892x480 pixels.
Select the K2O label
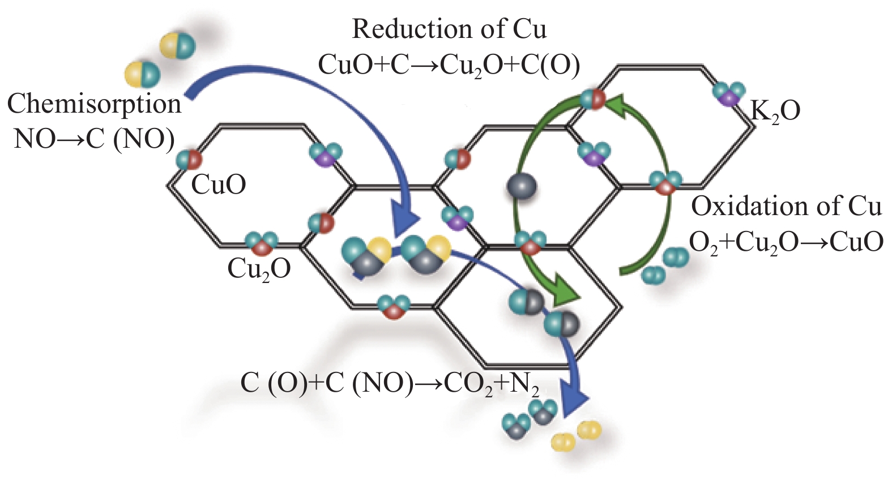point(775,112)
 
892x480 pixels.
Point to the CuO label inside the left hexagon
point(219,185)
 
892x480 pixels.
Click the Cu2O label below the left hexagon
point(259,270)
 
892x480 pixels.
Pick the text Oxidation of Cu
point(786,207)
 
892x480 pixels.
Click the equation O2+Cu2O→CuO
point(786,243)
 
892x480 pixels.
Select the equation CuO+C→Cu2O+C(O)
point(449,66)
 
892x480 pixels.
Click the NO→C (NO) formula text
point(95,139)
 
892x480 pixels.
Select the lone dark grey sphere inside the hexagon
point(522,186)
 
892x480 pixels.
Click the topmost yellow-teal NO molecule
point(178,46)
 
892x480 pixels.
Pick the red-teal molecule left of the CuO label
point(189,160)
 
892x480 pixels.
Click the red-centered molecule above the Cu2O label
point(262,243)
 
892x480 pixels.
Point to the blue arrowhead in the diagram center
point(406,222)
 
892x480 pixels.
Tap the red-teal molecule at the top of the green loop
point(592,99)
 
